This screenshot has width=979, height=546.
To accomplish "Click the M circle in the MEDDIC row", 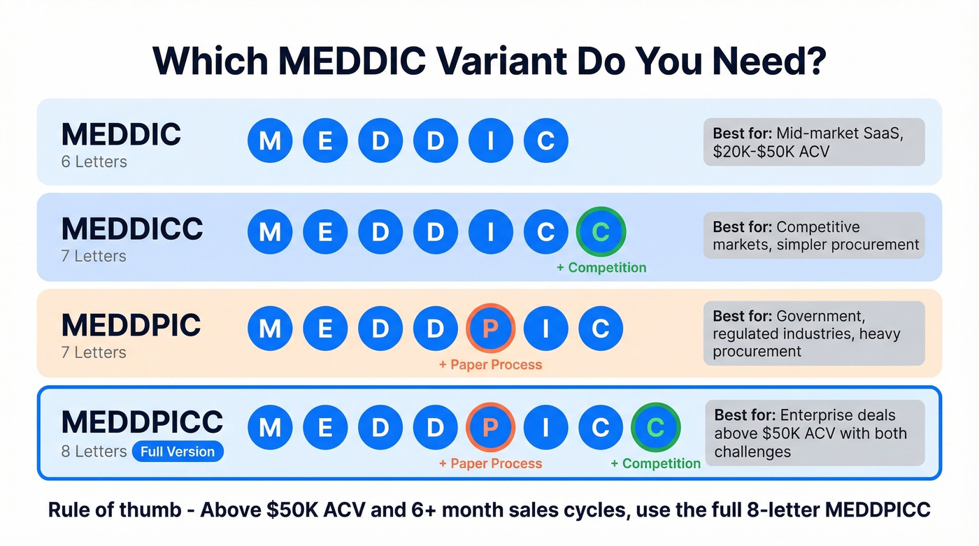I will click(x=270, y=141).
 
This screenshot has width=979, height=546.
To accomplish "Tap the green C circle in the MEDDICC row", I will click(x=601, y=231).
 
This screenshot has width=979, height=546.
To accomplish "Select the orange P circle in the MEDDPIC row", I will click(x=490, y=328).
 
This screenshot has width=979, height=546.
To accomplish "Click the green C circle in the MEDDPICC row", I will click(x=655, y=427).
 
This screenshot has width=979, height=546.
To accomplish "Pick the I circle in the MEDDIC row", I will click(x=490, y=141).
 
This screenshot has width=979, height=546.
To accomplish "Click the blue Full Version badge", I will click(x=178, y=452).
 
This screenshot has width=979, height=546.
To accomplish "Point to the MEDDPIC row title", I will click(x=131, y=326).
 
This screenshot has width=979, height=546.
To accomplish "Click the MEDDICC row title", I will click(x=132, y=229).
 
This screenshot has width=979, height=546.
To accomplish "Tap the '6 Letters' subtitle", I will click(x=94, y=161).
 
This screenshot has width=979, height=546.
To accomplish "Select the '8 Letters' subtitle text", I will click(x=94, y=452).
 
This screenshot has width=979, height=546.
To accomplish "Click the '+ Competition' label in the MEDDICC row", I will click(x=601, y=268).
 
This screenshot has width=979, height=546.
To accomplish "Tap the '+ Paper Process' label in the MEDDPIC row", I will click(x=490, y=364).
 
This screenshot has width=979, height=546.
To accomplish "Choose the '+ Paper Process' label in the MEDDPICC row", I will click(x=490, y=464).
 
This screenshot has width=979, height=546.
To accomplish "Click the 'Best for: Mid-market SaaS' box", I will click(x=813, y=142).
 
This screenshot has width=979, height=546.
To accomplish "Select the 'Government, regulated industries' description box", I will click(x=813, y=333).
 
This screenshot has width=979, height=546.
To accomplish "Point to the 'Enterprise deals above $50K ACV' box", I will click(x=814, y=433).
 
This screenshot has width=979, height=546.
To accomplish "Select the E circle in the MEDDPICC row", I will click(x=325, y=427).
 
